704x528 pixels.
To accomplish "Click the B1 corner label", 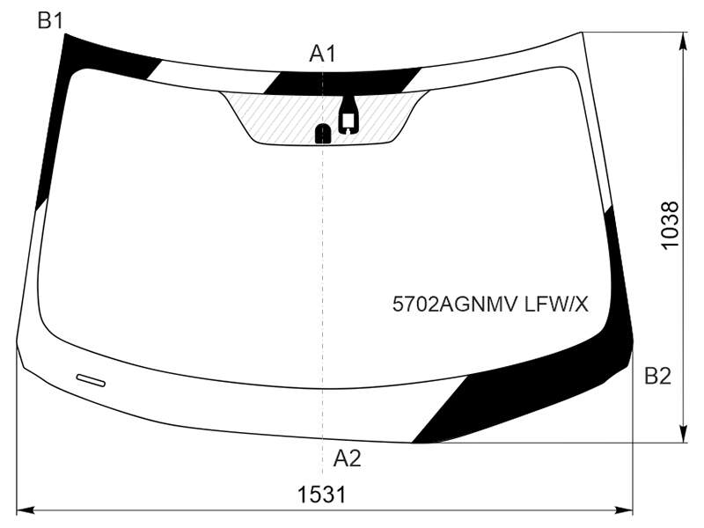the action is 50,20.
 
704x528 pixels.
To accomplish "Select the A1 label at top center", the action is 322,54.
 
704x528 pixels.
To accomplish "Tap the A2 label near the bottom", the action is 347,458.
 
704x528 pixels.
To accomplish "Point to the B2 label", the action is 657,376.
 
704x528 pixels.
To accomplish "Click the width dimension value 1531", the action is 322,495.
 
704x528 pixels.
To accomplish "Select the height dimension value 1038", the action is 671,224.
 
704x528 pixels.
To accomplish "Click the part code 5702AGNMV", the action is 456,304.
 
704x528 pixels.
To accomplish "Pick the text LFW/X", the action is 556,304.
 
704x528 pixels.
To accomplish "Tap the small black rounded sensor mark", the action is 323,134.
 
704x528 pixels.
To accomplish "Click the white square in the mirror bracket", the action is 349,120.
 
